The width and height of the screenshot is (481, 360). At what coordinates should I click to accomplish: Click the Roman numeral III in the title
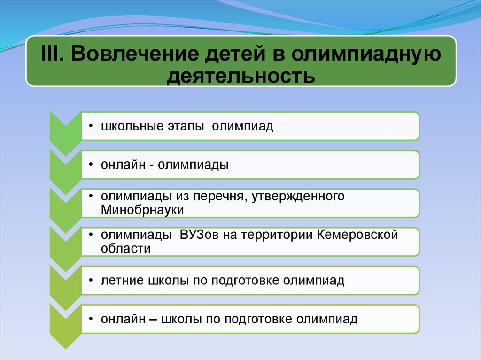click(x=52, y=54)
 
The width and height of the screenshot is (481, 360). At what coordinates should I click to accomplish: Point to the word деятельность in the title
click(x=241, y=76)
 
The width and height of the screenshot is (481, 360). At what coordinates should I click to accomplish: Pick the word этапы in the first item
click(x=186, y=127)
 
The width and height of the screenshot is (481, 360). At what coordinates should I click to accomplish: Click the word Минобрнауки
click(x=142, y=210)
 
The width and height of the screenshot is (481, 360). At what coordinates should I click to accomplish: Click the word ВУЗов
click(x=199, y=235)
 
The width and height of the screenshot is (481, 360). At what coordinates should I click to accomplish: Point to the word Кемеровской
click(x=357, y=235)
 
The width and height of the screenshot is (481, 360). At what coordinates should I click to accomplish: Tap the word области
click(x=126, y=249)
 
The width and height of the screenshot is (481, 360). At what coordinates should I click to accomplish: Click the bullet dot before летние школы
click(x=91, y=280)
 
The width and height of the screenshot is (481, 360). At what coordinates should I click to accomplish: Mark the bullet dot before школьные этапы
click(x=91, y=126)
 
